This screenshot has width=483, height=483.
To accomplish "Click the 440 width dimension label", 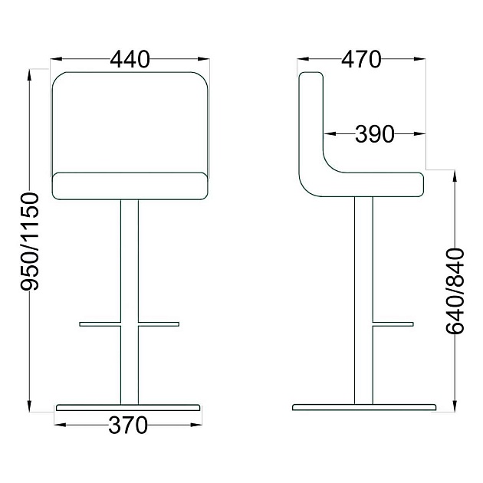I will (130, 58).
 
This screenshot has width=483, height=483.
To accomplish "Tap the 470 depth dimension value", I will (361, 58).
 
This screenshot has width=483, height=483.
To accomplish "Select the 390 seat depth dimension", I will (373, 135).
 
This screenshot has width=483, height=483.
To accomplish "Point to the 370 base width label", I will (127, 425).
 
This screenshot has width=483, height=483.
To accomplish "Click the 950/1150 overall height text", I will (29, 242).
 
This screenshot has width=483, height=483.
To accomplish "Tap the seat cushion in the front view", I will (130, 185).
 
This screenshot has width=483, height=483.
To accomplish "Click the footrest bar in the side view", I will (393, 324).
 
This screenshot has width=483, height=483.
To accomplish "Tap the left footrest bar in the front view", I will (100, 324).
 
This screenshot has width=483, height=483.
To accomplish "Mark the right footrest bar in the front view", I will (159, 324).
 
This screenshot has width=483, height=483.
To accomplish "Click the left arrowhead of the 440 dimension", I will (54, 58).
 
